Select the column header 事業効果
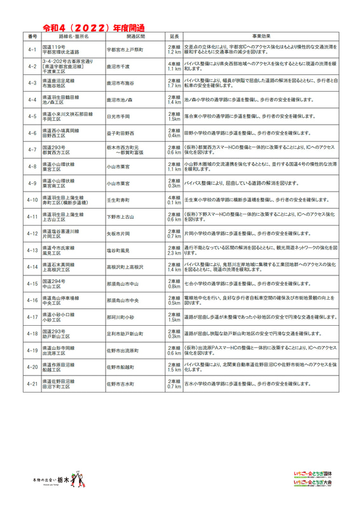pos(260,38)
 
